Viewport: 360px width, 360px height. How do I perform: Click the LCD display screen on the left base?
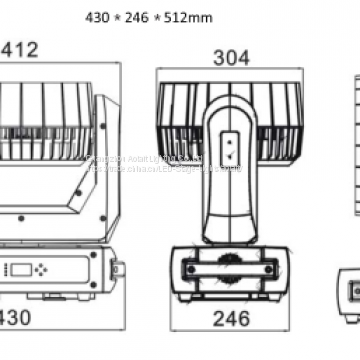click(x=22, y=270)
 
